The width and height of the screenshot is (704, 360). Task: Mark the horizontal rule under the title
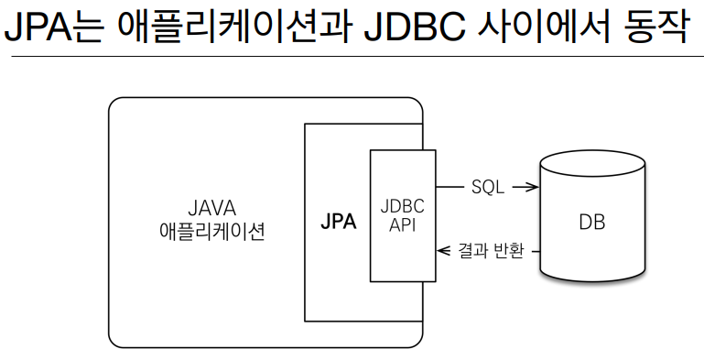352,57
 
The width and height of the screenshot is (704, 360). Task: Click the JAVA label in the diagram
211,207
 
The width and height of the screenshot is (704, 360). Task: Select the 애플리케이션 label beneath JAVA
211,231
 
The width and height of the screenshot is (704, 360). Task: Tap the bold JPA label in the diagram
339,222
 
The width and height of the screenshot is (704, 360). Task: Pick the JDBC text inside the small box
402,207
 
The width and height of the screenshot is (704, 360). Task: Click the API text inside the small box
402,225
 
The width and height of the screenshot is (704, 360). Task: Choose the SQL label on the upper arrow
488,187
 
